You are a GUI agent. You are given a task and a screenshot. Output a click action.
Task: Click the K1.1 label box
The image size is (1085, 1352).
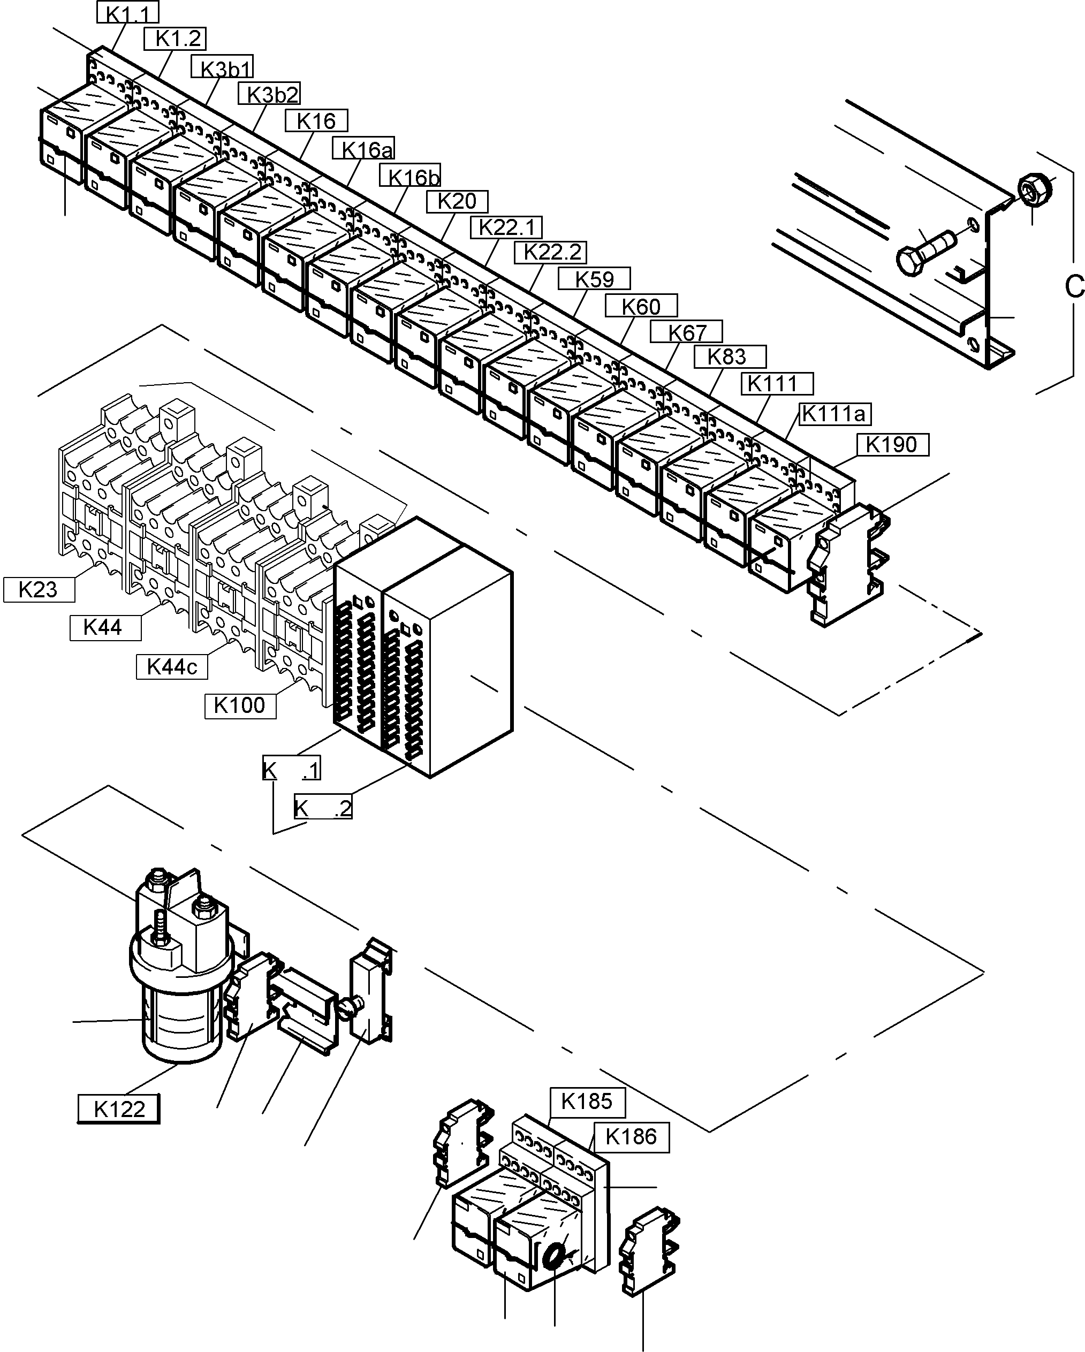coord(128,12)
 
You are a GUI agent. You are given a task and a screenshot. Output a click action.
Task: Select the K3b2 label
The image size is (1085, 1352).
coord(269,94)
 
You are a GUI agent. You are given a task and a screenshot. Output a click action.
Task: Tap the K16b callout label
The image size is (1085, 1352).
coord(410,176)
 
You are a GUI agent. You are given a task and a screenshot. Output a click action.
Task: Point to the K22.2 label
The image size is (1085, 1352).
coord(550,252)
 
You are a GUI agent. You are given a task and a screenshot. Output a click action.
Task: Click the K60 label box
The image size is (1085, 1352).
coord(641,306)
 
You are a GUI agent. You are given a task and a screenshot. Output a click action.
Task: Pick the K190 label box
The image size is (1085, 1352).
coord(892,445)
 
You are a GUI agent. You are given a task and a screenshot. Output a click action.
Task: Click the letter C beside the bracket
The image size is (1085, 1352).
coord(1074,286)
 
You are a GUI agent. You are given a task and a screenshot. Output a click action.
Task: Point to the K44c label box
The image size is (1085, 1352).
coord(171,666)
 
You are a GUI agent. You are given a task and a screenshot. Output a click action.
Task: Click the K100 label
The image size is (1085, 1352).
coord(240,705)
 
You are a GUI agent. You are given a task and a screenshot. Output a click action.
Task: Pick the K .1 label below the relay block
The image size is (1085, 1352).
coord(291,769)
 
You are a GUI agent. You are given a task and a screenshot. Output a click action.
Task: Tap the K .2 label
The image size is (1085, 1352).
coord(323,808)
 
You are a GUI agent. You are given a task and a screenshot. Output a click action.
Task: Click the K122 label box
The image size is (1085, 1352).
coord(118,1108)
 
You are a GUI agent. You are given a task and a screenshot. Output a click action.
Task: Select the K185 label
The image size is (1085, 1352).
coord(587,1100)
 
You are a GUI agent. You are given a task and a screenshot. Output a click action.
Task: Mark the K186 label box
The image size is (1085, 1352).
coord(631,1136)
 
